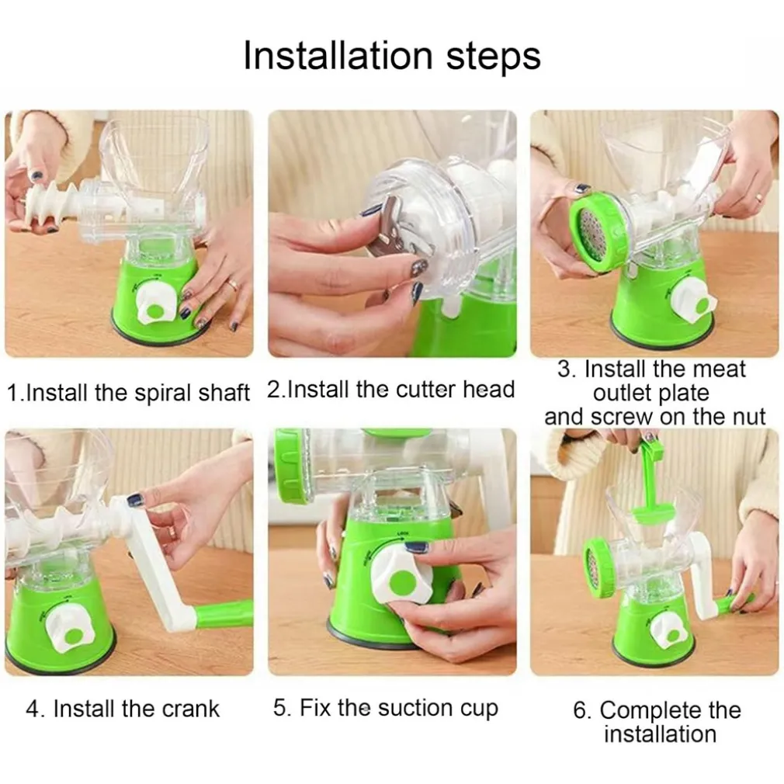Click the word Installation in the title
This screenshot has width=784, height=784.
338,55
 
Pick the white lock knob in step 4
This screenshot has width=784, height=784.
69,627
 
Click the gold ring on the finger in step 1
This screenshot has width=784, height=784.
232,285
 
